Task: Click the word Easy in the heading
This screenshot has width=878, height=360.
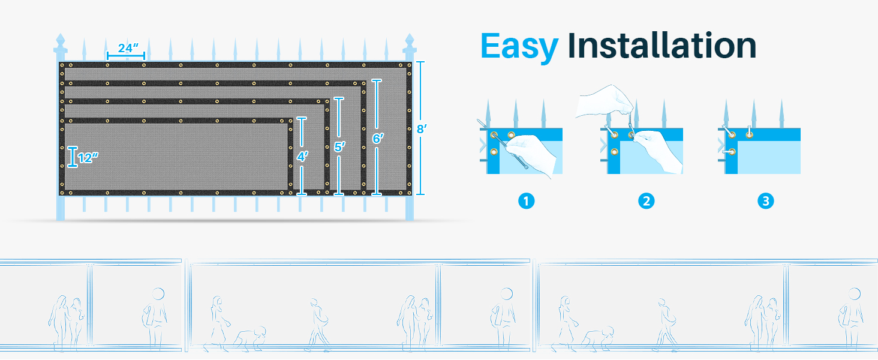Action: pos(519,47)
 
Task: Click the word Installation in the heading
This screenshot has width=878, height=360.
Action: pos(662,46)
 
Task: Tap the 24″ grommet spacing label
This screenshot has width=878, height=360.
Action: pos(128,48)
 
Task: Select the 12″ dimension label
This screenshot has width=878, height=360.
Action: pos(88,158)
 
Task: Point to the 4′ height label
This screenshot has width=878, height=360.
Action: pos(302,157)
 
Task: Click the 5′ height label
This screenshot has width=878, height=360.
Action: pos(339,147)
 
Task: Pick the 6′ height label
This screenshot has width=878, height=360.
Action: pos(378,139)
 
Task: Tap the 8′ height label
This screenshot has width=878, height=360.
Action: pos(422,129)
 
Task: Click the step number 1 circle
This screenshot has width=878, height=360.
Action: pos(526,201)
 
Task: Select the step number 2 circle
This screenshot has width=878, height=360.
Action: pos(646,201)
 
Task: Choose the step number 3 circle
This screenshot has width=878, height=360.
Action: pos(765,201)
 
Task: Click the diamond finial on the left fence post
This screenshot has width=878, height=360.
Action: pos(61,39)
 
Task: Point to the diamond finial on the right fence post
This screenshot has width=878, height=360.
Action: pos(410,39)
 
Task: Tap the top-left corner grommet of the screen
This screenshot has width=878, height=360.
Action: pos(62,65)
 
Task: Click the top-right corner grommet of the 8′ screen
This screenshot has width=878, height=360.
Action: pos(409,65)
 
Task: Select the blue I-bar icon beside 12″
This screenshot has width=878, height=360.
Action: pos(73,157)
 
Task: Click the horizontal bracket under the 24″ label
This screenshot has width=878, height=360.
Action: pos(126,56)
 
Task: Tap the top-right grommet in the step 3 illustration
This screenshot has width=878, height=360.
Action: pos(750,135)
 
